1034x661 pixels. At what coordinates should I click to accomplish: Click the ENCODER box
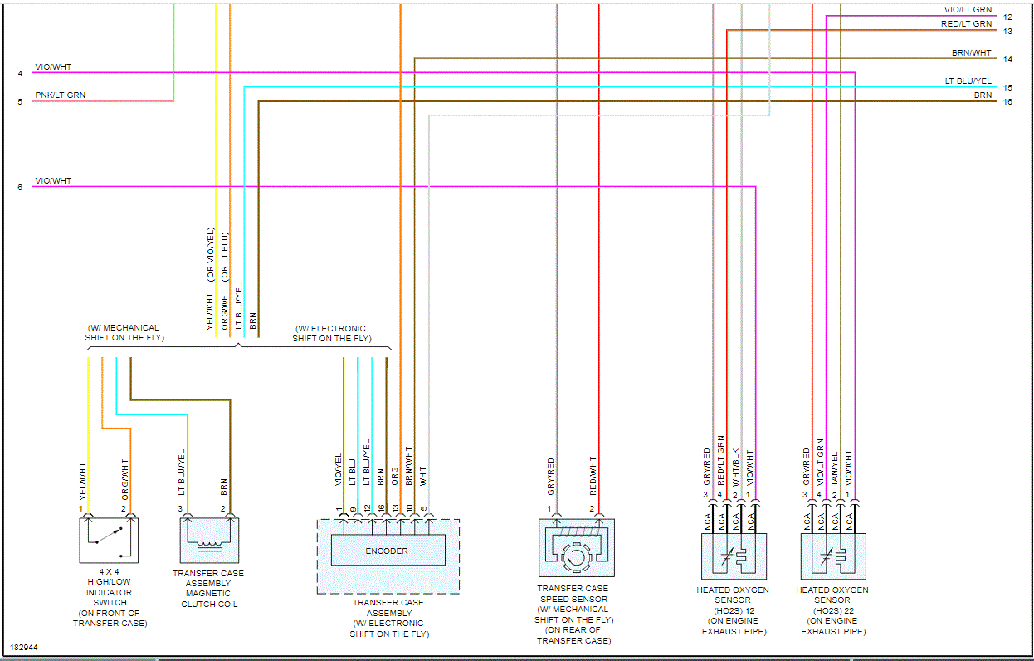click(388, 551)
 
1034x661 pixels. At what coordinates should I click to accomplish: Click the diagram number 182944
click(24, 647)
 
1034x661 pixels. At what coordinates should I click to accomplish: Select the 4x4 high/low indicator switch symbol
click(109, 540)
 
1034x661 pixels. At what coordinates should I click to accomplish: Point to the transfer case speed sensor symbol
click(576, 548)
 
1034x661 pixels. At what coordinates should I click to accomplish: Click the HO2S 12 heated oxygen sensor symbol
click(734, 556)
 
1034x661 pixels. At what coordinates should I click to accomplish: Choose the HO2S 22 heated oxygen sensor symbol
click(833, 556)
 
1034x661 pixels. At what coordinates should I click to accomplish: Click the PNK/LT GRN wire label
click(60, 95)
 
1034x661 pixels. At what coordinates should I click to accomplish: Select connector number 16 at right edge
click(1007, 101)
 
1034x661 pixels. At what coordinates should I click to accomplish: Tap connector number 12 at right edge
click(1007, 17)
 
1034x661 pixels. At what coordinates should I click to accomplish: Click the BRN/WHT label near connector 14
click(971, 53)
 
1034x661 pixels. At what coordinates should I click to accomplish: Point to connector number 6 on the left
click(20, 187)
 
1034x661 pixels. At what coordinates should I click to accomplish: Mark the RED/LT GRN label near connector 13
click(966, 24)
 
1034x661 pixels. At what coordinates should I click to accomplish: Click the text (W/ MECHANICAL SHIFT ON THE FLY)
click(124, 333)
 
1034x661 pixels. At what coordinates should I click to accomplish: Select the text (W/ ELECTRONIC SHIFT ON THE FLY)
click(331, 334)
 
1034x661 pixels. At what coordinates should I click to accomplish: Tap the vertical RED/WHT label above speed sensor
click(593, 471)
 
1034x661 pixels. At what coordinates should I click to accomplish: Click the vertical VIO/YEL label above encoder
click(339, 469)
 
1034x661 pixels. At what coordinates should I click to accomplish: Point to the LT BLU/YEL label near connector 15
click(968, 81)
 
